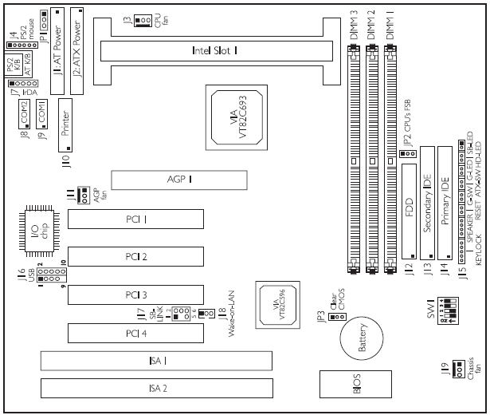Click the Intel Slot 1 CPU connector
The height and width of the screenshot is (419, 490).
pos(215,50)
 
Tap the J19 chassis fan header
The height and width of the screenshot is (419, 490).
pos(459,370)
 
